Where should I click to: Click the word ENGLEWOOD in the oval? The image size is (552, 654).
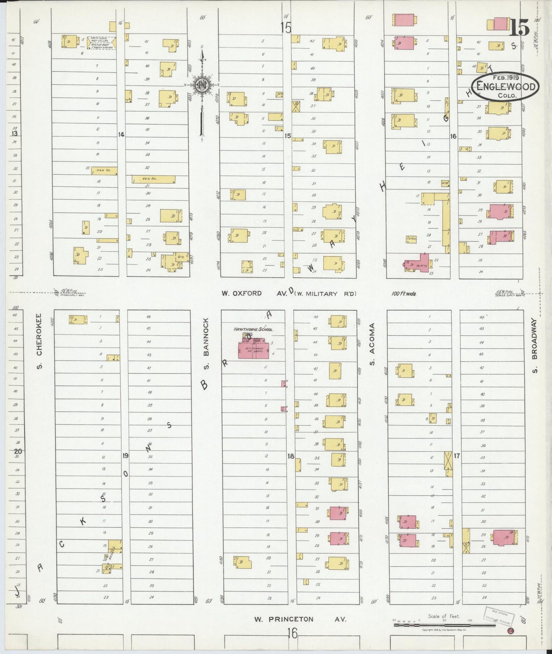tap(505, 87)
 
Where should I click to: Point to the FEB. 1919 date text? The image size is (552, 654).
tap(505, 77)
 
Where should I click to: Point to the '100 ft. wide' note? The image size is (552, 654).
tap(403, 293)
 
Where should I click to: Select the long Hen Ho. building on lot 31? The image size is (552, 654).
tap(154, 179)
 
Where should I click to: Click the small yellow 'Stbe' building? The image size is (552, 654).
tap(411, 239)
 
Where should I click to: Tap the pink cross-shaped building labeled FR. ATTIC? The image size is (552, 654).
tap(419, 264)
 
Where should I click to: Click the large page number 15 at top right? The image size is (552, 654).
tap(518, 27)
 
